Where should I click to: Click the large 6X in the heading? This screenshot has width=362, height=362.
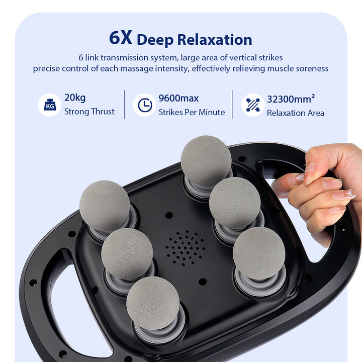[121, 38]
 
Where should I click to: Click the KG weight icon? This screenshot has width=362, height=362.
[50, 105]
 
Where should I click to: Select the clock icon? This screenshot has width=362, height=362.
[144, 105]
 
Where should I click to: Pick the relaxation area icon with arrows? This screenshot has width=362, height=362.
[252, 105]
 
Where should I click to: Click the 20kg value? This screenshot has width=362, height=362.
[74, 98]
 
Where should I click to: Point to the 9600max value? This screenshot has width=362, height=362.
[178, 98]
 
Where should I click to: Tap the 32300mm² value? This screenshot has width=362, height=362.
[291, 98]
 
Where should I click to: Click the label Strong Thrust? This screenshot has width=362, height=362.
[89, 112]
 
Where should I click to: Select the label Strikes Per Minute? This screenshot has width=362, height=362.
[192, 112]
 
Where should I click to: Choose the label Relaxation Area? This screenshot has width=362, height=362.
[296, 113]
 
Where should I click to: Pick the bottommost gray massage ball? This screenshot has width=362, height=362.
[153, 303]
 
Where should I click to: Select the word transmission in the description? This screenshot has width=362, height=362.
[123, 57]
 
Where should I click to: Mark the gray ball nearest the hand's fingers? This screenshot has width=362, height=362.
[235, 203]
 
